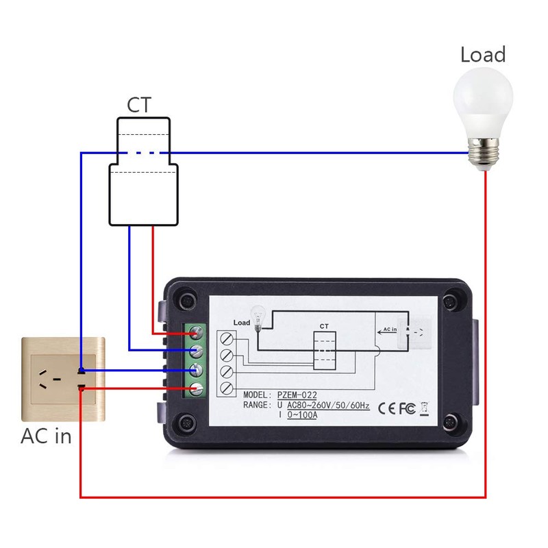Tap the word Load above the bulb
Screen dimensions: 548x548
click(x=483, y=54)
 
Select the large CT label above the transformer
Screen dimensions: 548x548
click(x=139, y=105)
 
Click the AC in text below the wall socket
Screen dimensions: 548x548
click(x=46, y=436)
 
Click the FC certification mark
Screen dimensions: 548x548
click(x=407, y=408)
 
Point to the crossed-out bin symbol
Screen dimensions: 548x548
click(x=424, y=408)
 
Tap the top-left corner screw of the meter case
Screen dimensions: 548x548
click(x=184, y=301)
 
